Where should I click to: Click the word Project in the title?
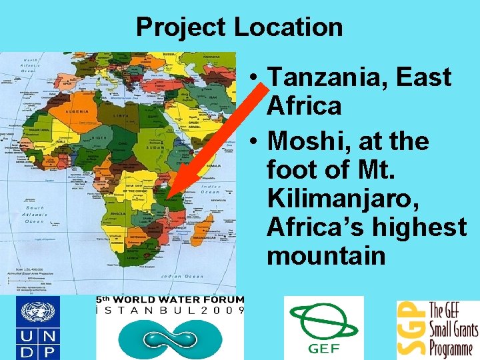[181, 27]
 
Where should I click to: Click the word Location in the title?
[288, 27]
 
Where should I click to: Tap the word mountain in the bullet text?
[326, 255]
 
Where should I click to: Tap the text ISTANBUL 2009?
[171, 310]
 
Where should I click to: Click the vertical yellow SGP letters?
[408, 328]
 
